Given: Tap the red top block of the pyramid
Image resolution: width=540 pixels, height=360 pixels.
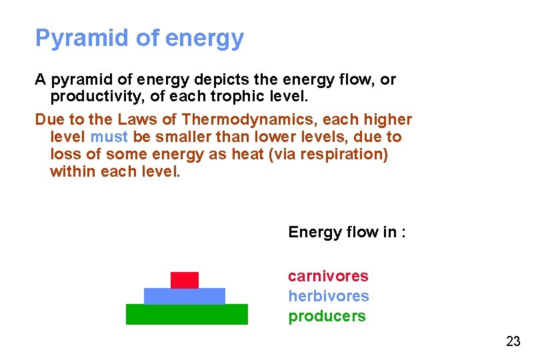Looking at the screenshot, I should tap(185, 280).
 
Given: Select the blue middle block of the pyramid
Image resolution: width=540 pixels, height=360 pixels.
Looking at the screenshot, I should tap(185, 296).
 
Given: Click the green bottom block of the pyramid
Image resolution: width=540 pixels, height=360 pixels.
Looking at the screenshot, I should tap(187, 314).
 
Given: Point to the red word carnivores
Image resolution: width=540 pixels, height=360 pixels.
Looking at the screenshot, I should tap(328, 276).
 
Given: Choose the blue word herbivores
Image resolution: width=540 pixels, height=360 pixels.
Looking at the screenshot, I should tap(328, 296).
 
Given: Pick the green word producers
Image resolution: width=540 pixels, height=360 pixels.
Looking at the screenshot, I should tap(327, 316).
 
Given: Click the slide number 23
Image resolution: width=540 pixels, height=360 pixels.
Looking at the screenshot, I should tap(513, 342).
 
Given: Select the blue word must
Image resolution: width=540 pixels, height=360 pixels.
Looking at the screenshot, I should tap(108, 137).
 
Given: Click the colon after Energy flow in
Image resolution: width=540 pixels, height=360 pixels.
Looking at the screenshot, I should tap(404, 233).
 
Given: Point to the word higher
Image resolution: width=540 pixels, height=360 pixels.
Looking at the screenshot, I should tap(387, 120).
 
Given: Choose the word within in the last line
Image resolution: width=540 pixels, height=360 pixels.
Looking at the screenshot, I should tap(73, 172).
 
